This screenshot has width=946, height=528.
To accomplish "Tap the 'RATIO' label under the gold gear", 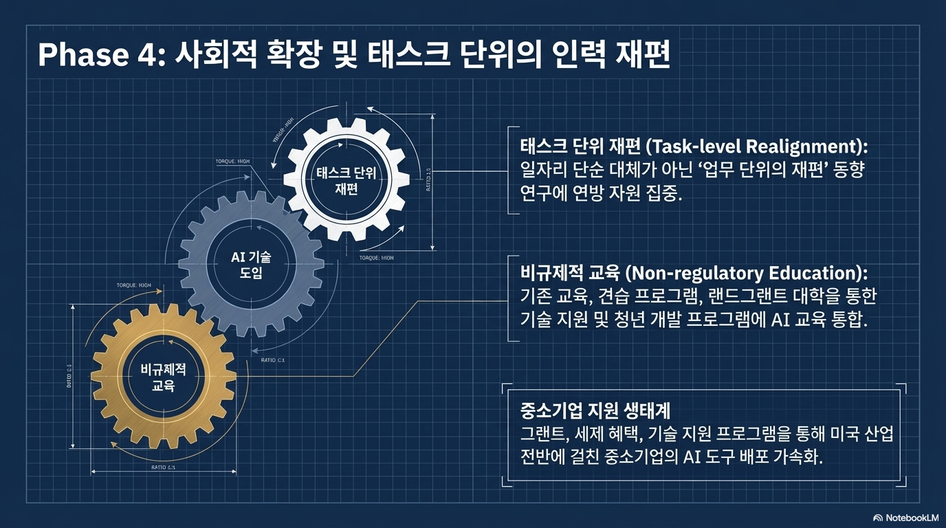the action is (x=163, y=467).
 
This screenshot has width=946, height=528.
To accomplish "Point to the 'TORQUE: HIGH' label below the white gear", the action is (x=377, y=258).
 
